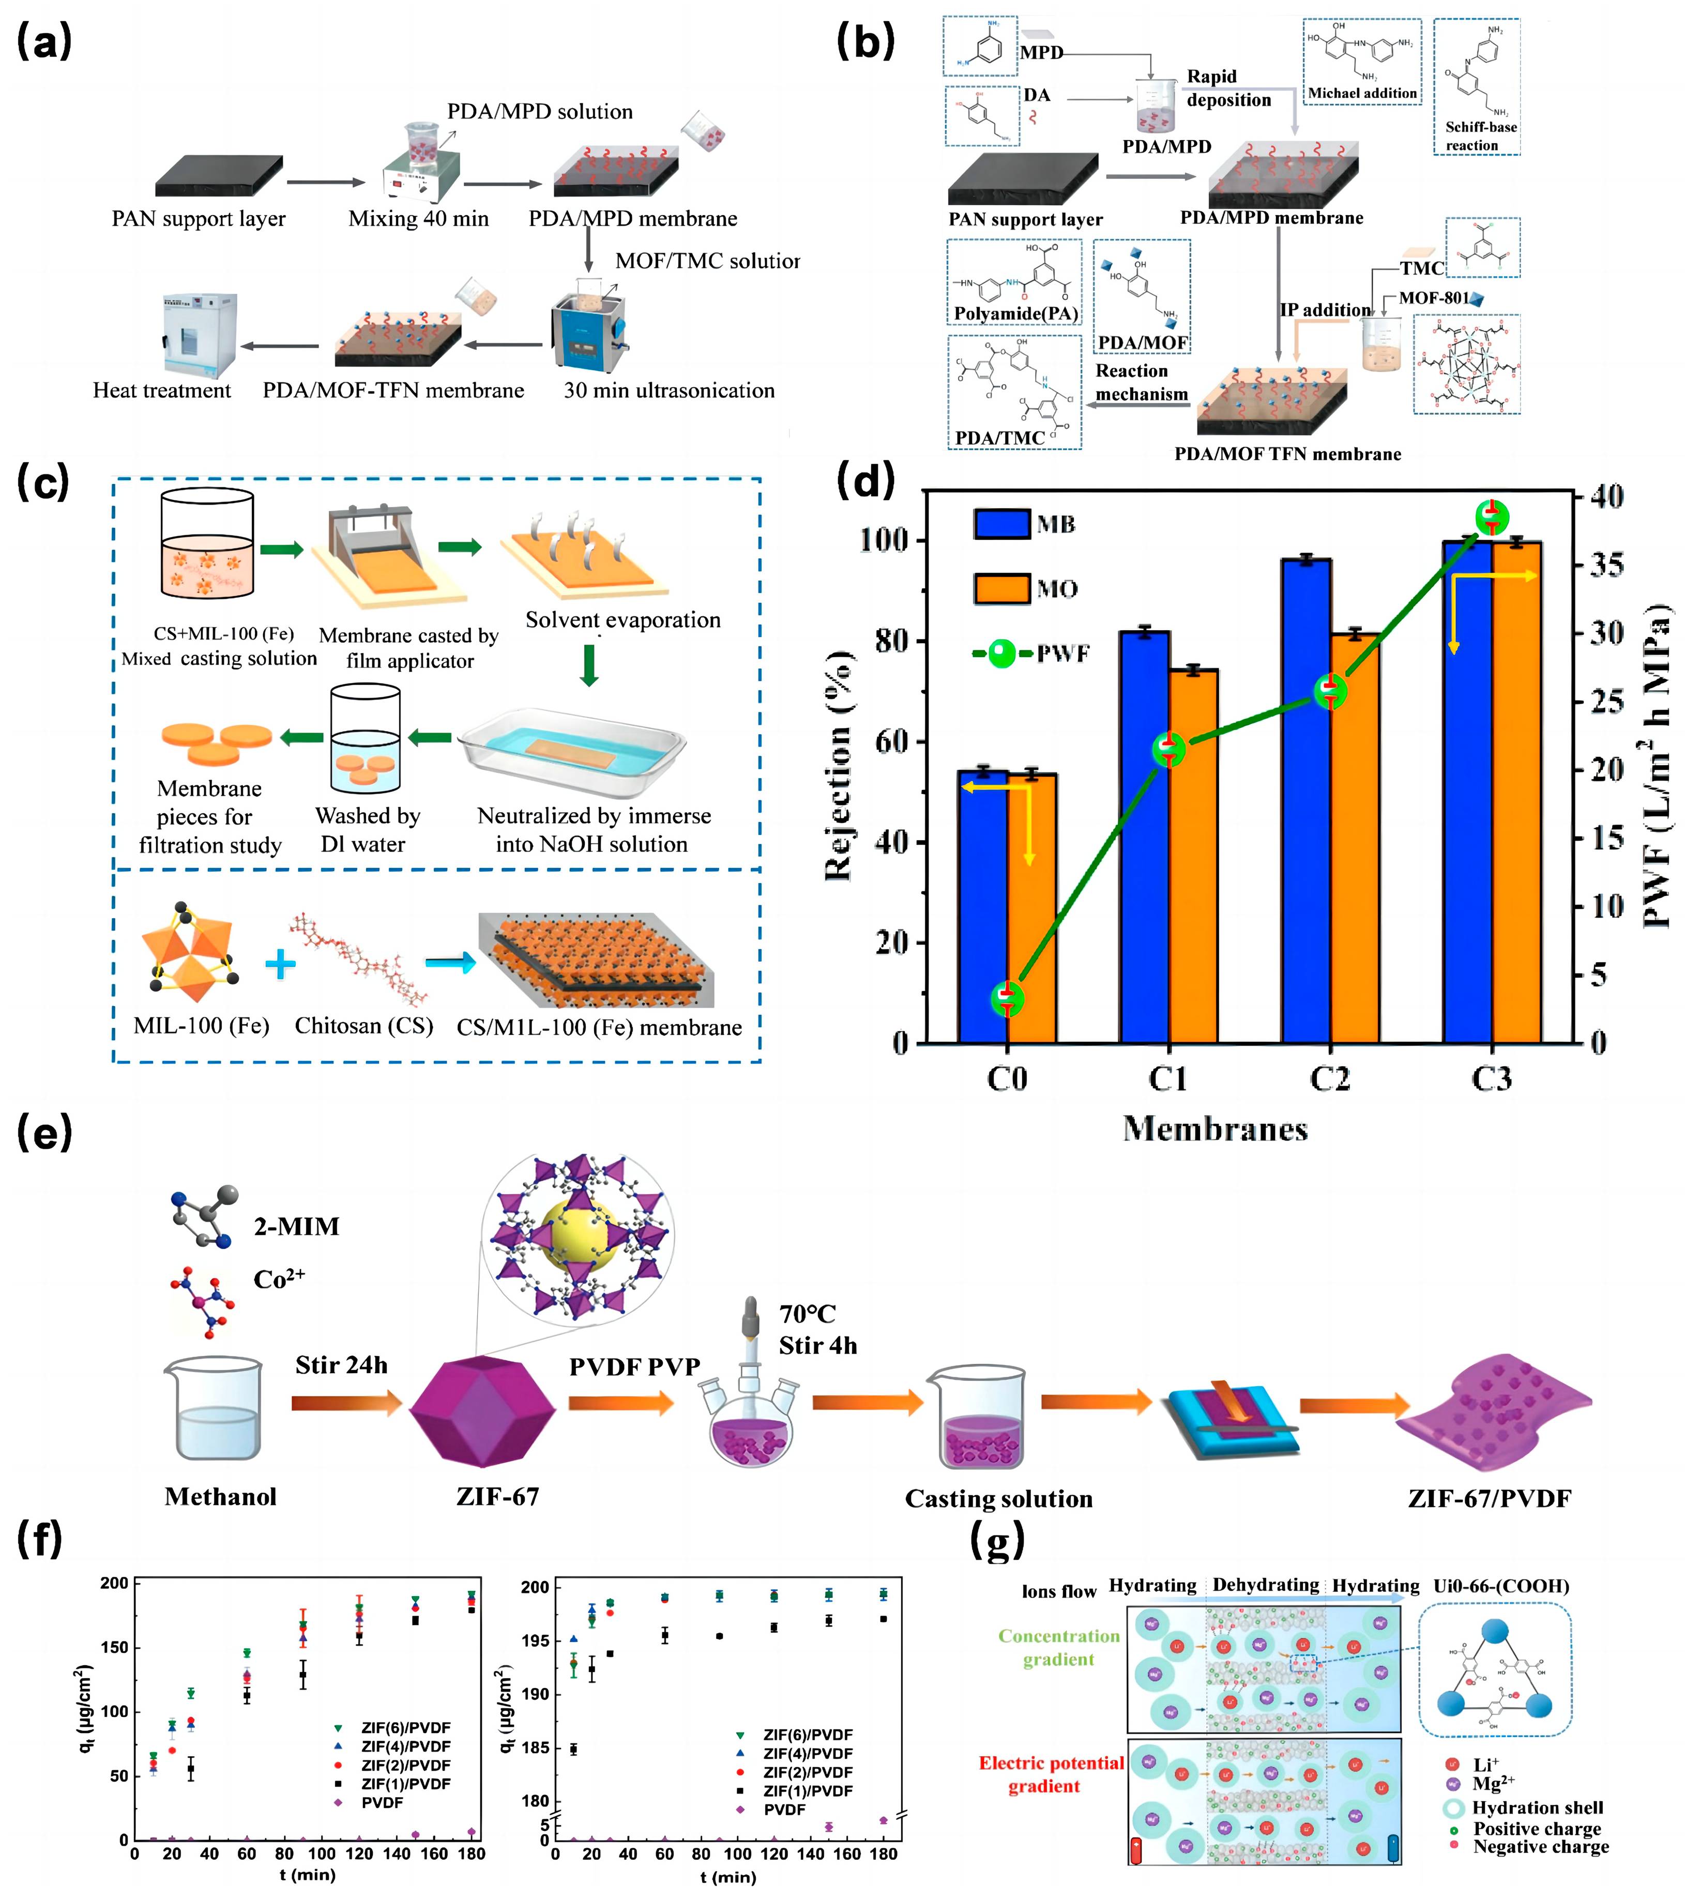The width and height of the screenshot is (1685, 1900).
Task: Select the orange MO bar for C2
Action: [1355, 837]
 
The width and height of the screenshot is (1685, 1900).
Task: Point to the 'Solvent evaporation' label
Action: [623, 620]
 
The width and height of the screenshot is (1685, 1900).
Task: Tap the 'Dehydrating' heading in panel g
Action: [1265, 1585]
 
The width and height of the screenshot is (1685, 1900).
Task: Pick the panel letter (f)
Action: [40, 1539]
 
